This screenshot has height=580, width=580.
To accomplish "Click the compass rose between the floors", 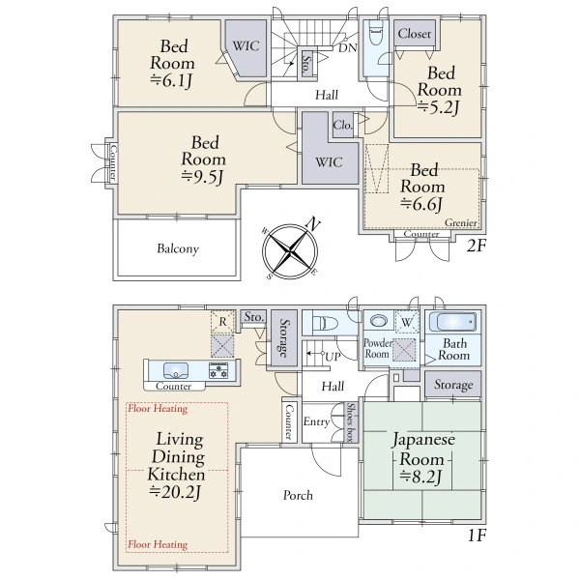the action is pos(290,251).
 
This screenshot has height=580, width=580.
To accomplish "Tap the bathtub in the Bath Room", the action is pos(452,322).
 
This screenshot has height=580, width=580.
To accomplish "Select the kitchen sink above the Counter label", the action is pos(176,370).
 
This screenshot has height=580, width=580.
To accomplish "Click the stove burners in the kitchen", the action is pos(218,370).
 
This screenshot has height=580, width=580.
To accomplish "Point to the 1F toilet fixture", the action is pos(326,323).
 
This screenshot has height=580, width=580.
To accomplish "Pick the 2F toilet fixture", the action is pos(375,34).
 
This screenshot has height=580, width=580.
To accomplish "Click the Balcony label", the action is pos(178,248).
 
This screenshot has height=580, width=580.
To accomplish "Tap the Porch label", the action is pos(298,495).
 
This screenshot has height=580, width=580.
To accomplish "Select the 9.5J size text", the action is pos(203,177).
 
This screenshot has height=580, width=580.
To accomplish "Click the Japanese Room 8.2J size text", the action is pos(421,477).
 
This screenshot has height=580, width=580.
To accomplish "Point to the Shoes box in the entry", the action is pos(350,422).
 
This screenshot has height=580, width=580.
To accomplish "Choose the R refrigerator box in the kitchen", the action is pos(222,322).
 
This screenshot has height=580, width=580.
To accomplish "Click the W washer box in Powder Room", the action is pos(407,322).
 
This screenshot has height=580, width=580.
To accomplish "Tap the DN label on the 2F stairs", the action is pos(348,47).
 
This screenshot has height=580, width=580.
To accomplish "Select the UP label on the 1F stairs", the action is pos(333,357).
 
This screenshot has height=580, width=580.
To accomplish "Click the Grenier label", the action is pos(461,222).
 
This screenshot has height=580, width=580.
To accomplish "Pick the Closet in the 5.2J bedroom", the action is pos(415,33).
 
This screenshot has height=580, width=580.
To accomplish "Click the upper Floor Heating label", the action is pos(158,409).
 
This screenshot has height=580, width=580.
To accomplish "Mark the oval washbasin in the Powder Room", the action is pos(378,321).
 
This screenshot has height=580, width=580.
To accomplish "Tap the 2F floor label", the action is pos(476,246).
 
